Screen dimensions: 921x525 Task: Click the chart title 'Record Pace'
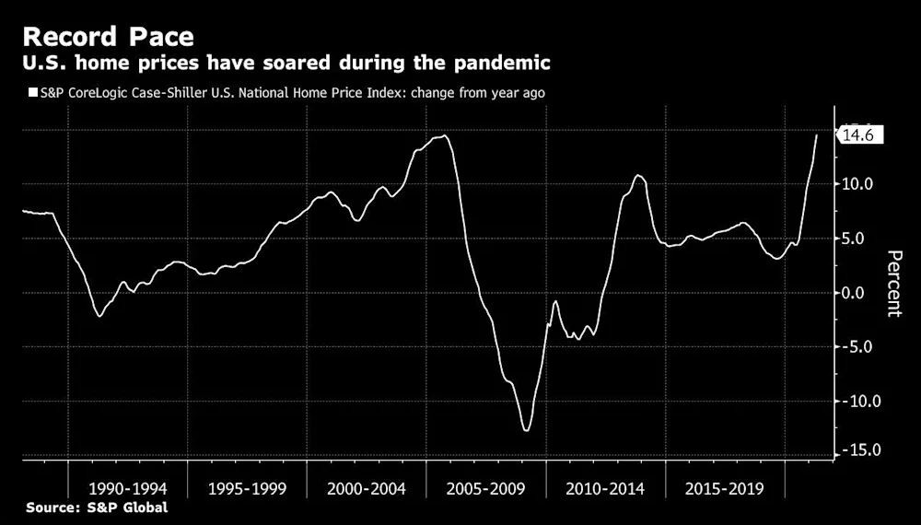pyautogui.click(x=108, y=37)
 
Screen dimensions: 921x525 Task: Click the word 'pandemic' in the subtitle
pyautogui.click(x=502, y=63)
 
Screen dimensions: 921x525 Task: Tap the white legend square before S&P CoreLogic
pyautogui.click(x=33, y=93)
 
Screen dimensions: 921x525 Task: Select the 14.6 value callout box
pyautogui.click(x=859, y=135)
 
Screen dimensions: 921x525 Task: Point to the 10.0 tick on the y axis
pyautogui.click(x=857, y=184)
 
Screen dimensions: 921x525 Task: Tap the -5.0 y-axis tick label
pyautogui.click(x=857, y=346)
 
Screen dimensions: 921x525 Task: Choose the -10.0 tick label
pyautogui.click(x=857, y=401)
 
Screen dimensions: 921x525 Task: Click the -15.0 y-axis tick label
pyautogui.click(x=857, y=450)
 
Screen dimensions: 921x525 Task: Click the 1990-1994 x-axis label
pyautogui.click(x=128, y=488)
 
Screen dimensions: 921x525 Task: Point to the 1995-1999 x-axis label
pyautogui.click(x=247, y=488)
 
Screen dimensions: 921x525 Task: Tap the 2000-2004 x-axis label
pyautogui.click(x=367, y=488)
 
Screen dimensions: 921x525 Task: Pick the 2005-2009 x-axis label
pyautogui.click(x=485, y=488)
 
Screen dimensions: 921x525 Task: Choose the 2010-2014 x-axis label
pyautogui.click(x=605, y=488)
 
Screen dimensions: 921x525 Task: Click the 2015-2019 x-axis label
pyautogui.click(x=724, y=488)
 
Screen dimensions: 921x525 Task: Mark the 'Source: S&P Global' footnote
pyautogui.click(x=97, y=507)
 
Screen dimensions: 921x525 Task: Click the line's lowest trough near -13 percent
pyautogui.click(x=526, y=430)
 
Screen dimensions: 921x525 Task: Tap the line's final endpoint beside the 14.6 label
pyautogui.click(x=816, y=135)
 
